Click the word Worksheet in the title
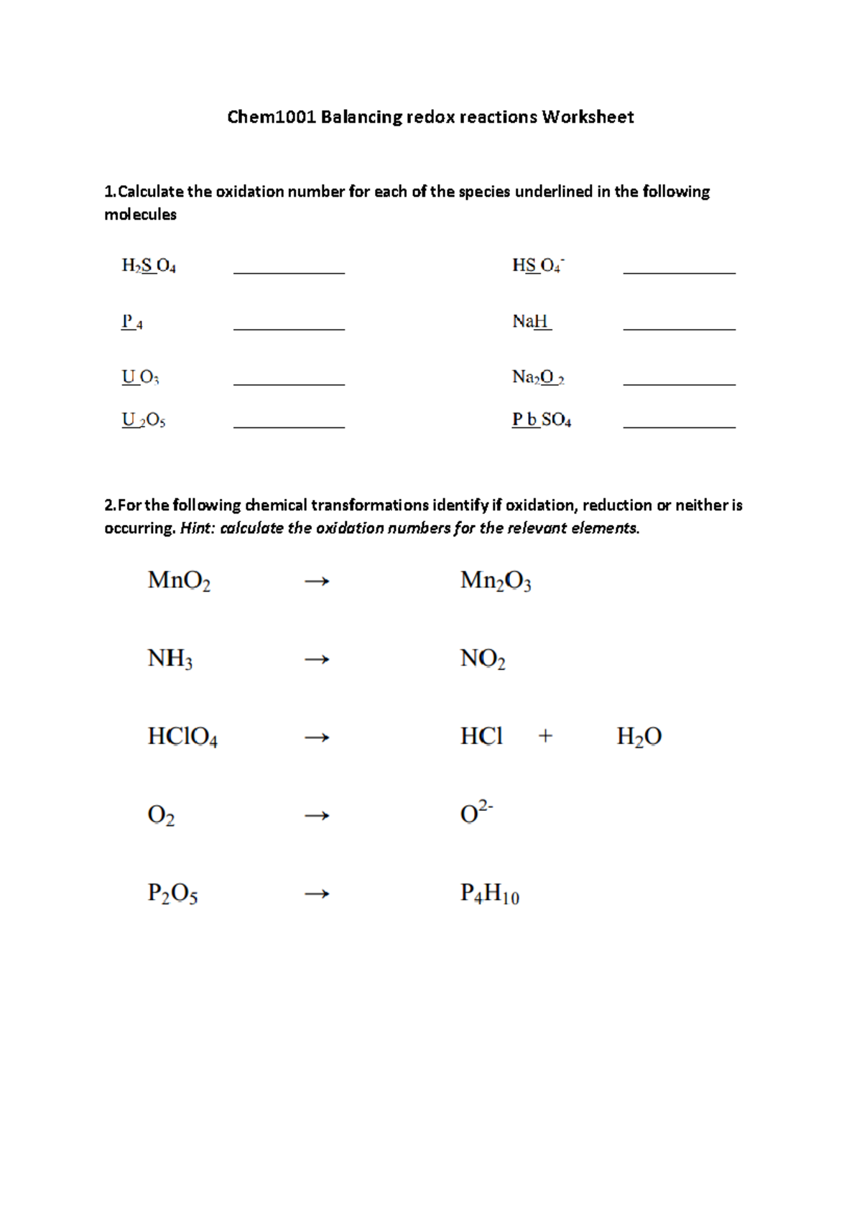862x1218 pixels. [588, 117]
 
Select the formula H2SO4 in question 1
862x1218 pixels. [149, 266]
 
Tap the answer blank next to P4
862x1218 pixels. [289, 325]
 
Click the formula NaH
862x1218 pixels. [532, 322]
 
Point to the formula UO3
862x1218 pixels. [141, 378]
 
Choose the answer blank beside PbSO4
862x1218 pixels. [679, 422]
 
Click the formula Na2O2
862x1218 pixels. [538, 378]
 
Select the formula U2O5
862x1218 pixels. [144, 420]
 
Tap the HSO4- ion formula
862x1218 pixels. [538, 266]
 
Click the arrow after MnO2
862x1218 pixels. [317, 581]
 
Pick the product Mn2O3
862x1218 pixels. [496, 581]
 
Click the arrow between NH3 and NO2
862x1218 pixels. [317, 659]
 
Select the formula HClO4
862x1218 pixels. [182, 738]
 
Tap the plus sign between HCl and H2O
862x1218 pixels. [545, 736]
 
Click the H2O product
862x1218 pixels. [639, 738]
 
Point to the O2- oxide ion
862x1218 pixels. [476, 813]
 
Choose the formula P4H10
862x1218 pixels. [489, 894]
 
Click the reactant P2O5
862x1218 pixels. [172, 894]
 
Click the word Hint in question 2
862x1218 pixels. [195, 529]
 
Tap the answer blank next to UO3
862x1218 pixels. [289, 380]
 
